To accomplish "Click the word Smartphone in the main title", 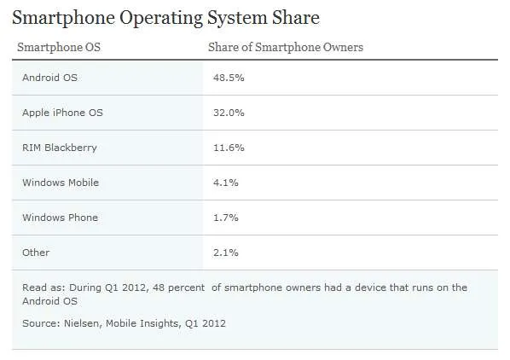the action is coord(63,18).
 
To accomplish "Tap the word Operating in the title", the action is coord(161,19).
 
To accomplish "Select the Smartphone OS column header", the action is coord(59,47).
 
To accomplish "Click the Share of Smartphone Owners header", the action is coord(286,47).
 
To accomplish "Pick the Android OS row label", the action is coord(49,78).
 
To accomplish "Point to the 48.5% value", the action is coord(229,78).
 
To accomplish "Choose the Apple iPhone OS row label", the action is coord(62,113).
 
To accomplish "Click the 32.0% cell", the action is coord(229,113).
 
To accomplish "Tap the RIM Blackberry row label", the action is coord(60,148).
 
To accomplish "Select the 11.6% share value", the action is coord(229,148).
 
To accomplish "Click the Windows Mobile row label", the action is coord(61,183).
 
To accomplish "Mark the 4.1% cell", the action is coord(226,183).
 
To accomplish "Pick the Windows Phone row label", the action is coord(61,218).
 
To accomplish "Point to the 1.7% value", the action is coord(226,218).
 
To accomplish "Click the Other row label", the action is coord(36,253).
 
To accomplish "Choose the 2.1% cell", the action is coord(226,253).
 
